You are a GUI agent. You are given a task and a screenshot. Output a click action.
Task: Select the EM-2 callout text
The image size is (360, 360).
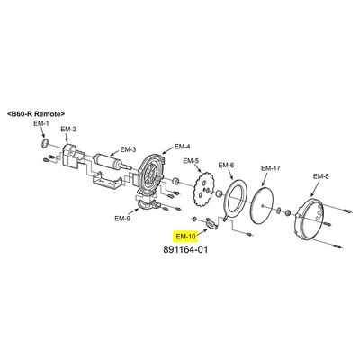tap(68, 130)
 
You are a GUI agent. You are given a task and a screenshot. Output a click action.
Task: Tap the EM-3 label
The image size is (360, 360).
tap(128, 149)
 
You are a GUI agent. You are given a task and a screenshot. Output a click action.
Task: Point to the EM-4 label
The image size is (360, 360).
tap(183, 147)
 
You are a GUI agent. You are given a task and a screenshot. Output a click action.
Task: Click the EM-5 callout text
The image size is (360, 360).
tap(191, 161)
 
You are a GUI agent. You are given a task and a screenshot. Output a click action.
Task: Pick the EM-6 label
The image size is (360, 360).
tap(226, 165)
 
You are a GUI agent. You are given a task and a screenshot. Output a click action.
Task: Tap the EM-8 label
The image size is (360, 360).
tap(321, 176)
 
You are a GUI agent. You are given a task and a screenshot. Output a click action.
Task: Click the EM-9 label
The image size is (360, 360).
tap(122, 219)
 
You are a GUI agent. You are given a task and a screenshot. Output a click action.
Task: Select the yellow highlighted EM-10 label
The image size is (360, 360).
tap(185, 237)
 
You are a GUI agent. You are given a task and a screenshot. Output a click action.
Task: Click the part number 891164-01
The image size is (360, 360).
tap(185, 249)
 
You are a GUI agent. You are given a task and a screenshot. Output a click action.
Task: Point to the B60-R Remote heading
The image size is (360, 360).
tap(36, 114)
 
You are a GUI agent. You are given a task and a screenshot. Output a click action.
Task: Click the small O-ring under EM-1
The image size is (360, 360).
tap(45, 143)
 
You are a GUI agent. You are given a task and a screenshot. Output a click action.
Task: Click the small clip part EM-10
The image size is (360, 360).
tap(211, 223)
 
